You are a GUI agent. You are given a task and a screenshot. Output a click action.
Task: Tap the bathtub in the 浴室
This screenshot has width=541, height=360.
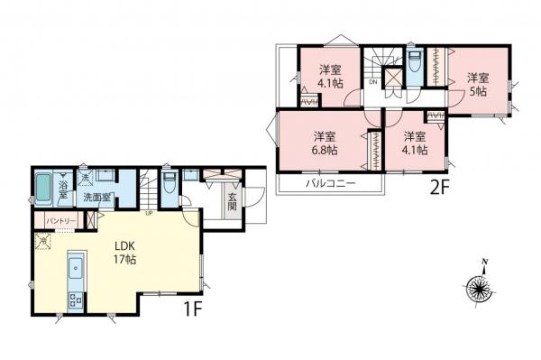point(44,190)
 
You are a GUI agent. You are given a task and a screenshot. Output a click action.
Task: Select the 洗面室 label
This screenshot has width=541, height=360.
point(97,197)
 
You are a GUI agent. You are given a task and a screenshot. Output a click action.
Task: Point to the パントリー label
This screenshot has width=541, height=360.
point(56,219)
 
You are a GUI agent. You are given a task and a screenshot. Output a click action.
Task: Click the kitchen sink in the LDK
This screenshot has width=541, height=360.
point(76,268)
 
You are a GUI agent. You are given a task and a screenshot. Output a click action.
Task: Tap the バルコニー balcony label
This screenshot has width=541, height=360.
point(330,183)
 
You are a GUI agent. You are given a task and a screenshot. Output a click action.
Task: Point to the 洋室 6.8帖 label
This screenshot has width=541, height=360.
point(325,143)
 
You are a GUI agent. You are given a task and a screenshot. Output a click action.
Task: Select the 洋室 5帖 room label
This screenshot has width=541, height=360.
point(477,84)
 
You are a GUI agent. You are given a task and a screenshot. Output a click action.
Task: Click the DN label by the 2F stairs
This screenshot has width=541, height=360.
point(372,83)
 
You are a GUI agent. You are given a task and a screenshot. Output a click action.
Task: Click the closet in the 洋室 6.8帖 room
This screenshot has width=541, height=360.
point(372,150)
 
